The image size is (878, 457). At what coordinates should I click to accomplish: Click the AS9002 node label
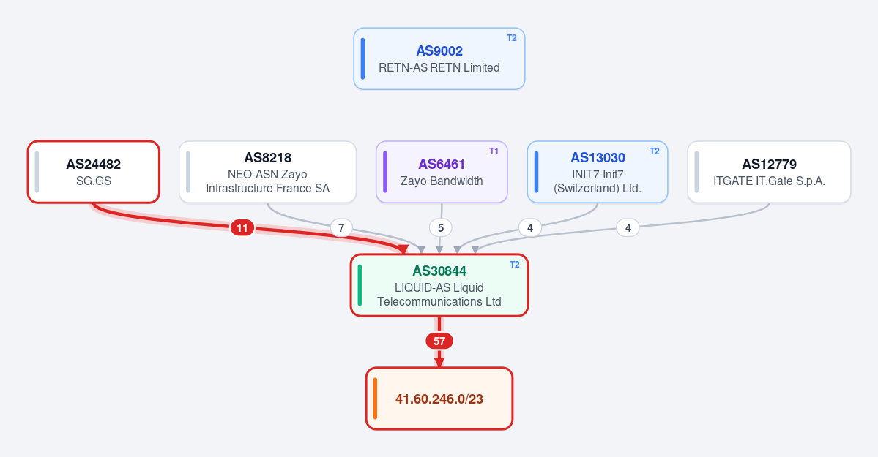coord(439,51)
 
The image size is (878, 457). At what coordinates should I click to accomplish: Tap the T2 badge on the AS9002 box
coord(512,38)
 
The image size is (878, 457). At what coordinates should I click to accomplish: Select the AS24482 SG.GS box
coord(94,172)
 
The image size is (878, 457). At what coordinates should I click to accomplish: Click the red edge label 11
coord(242,227)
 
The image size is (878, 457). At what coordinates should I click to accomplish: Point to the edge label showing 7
coord(341,227)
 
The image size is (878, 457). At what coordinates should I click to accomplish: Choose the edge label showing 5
coord(441,227)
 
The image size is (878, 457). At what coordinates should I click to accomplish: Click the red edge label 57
coord(439,341)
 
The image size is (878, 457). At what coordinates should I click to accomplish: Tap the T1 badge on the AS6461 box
coord(494,151)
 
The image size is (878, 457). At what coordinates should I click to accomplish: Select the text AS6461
coord(442,164)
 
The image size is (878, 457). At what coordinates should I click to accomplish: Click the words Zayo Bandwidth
coord(442,181)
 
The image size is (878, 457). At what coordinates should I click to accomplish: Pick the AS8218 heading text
coord(268,158)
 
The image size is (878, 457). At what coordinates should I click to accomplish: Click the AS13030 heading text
coord(598,158)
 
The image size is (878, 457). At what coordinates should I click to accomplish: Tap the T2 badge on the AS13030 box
coord(655,151)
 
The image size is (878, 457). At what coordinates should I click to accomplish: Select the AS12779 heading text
coord(769,164)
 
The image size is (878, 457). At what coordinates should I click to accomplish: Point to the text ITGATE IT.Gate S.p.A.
coord(769,181)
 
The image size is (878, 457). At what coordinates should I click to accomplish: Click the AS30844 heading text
coord(439,271)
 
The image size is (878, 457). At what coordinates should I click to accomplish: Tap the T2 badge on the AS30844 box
coord(515,265)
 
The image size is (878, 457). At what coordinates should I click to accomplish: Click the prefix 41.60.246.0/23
coord(439,399)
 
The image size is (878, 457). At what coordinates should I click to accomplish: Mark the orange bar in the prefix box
coord(375,399)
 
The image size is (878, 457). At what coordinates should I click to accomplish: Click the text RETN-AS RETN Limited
coord(439,68)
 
